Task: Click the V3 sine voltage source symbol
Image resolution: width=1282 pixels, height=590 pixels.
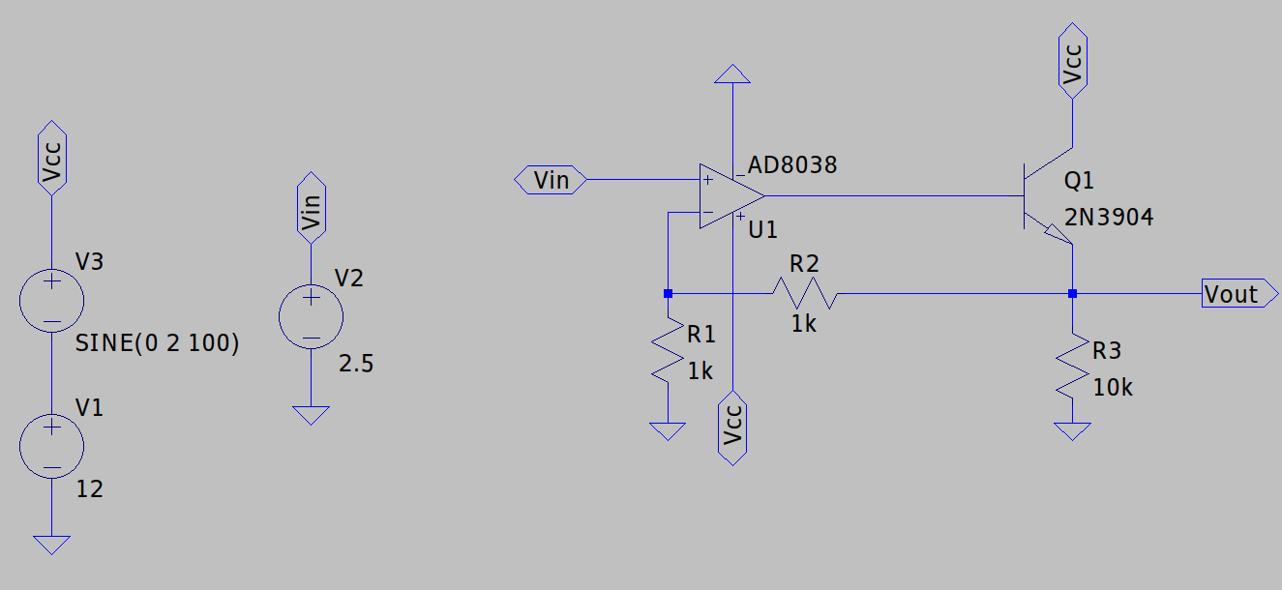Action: pyautogui.click(x=51, y=301)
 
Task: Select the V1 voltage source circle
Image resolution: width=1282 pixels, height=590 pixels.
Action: pyautogui.click(x=51, y=446)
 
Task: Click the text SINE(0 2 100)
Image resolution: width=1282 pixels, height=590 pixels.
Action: pyautogui.click(x=157, y=343)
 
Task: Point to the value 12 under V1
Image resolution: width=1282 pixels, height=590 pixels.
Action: pyautogui.click(x=89, y=489)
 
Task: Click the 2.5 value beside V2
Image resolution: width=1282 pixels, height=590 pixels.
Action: pyautogui.click(x=356, y=365)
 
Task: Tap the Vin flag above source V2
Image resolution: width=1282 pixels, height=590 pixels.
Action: pyautogui.click(x=311, y=206)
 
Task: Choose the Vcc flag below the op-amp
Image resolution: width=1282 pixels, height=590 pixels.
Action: pyautogui.click(x=733, y=428)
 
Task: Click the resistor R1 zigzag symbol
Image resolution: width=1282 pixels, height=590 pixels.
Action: pyautogui.click(x=668, y=354)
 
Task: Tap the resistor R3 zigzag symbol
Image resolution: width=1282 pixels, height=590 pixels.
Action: pyautogui.click(x=1072, y=366)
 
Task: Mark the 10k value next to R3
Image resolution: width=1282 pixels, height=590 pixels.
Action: pyautogui.click(x=1113, y=388)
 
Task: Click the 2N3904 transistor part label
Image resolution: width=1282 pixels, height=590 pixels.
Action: pyautogui.click(x=1109, y=219)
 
